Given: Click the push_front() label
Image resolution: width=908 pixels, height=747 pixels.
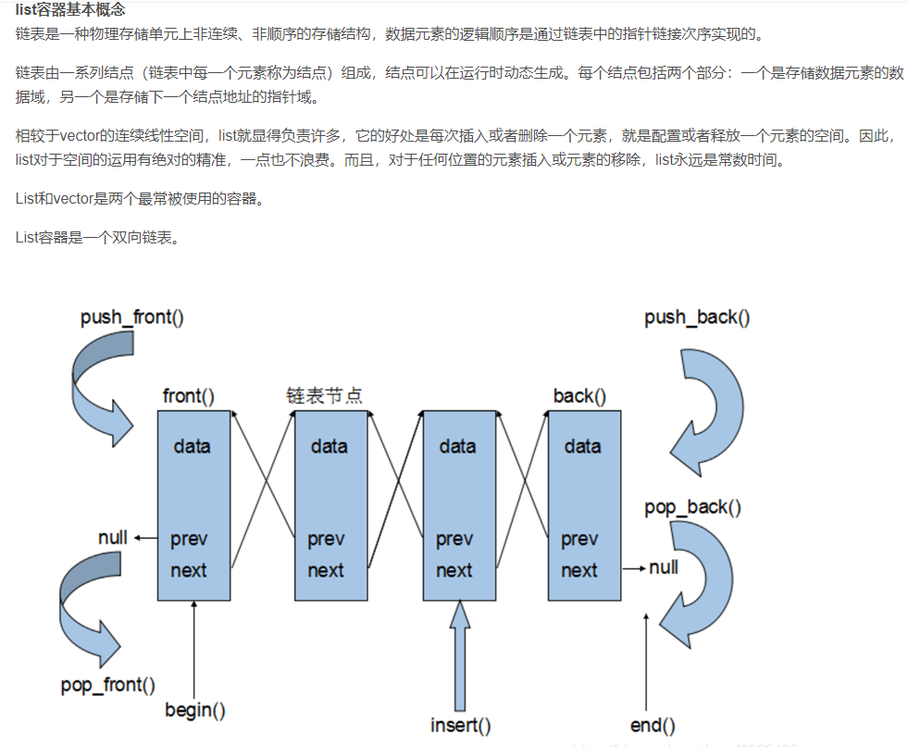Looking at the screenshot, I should pyautogui.click(x=131, y=317).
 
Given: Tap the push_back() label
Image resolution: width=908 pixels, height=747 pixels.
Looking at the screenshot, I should pyautogui.click(x=697, y=317).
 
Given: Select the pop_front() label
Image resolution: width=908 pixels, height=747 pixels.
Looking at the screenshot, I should pyautogui.click(x=107, y=685).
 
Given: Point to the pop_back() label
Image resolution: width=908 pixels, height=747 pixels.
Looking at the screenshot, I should pyautogui.click(x=692, y=507).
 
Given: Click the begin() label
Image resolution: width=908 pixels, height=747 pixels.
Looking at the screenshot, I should pyautogui.click(x=195, y=710).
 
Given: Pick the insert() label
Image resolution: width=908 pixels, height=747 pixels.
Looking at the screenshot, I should pyautogui.click(x=460, y=724).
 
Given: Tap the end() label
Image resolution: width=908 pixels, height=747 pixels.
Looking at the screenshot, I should pyautogui.click(x=653, y=725).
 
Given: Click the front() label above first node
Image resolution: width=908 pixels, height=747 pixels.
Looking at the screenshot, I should pyautogui.click(x=188, y=396).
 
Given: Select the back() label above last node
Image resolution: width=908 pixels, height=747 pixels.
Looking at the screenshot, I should pyautogui.click(x=579, y=396).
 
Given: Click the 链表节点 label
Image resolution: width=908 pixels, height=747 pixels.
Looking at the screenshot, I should pyautogui.click(x=324, y=395).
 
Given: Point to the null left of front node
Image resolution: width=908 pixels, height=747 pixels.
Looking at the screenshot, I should pyautogui.click(x=113, y=538).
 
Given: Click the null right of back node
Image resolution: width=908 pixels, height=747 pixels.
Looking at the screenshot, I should pyautogui.click(x=664, y=566).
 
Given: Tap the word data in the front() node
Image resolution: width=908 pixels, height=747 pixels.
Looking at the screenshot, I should pyautogui.click(x=192, y=446).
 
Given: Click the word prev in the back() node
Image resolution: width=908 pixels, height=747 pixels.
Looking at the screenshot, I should pyautogui.click(x=579, y=539).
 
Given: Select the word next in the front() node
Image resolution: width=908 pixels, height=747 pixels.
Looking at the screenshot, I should pyautogui.click(x=189, y=570).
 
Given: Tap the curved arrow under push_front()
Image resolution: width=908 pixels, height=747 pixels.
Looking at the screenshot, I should pyautogui.click(x=97, y=384).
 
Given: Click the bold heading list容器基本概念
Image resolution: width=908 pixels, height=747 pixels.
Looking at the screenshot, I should pyautogui.click(x=70, y=9).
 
